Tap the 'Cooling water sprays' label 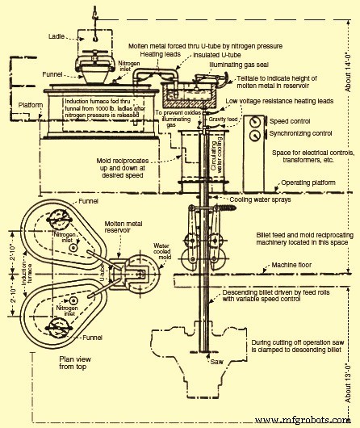(262, 222)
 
